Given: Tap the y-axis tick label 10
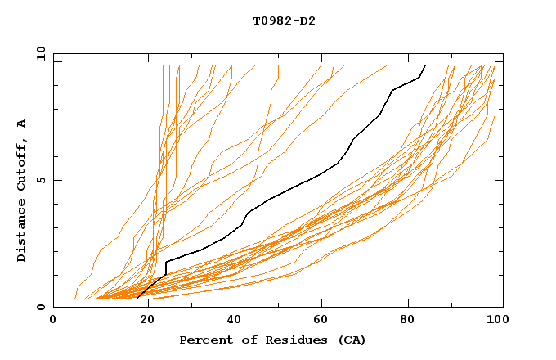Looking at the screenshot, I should point(39,53).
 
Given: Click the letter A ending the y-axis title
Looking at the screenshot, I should point(22,124).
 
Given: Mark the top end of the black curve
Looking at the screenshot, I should point(425,65).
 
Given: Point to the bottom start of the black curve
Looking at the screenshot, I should point(137,297).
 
